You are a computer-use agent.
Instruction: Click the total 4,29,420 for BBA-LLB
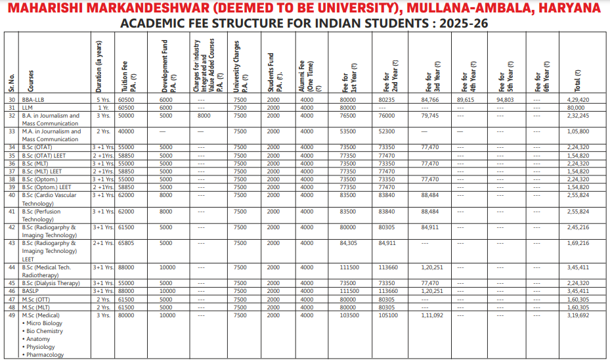tap(578, 99)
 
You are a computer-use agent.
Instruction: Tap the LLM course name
tap(28, 107)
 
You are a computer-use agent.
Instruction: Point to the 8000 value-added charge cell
tap(204, 115)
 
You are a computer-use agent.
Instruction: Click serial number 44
tap(12, 267)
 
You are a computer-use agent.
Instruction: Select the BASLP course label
tap(31, 291)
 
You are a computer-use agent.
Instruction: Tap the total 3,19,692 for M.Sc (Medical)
tap(578, 315)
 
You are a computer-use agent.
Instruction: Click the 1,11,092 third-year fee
tap(431, 315)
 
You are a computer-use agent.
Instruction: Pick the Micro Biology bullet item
tap(44, 323)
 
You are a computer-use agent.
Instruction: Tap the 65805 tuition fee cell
tap(126, 243)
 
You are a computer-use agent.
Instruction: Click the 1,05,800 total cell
tap(578, 131)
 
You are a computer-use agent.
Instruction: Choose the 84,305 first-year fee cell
tap(349, 243)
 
